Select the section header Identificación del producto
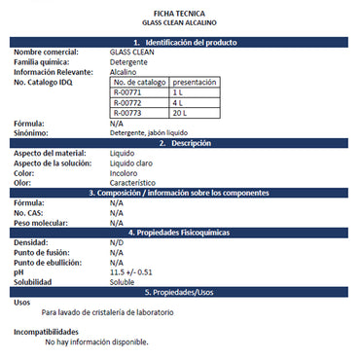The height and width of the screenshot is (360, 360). pos(184,43)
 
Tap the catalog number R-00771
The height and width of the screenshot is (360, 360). pos(127,92)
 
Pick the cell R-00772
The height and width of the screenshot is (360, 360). pos(127,102)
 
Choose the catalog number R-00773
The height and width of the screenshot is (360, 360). pos(127,113)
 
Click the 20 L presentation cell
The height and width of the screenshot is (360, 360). pos(181,113)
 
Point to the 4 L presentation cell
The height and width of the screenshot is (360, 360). pos(178,102)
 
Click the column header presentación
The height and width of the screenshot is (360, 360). pos(195,83)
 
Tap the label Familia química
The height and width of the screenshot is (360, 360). pos(46,61)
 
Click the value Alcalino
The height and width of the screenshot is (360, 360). pos(123,71)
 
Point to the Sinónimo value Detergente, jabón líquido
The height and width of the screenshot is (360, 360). pos(155,132)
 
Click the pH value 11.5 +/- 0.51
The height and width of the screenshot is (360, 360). pos(131,271)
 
